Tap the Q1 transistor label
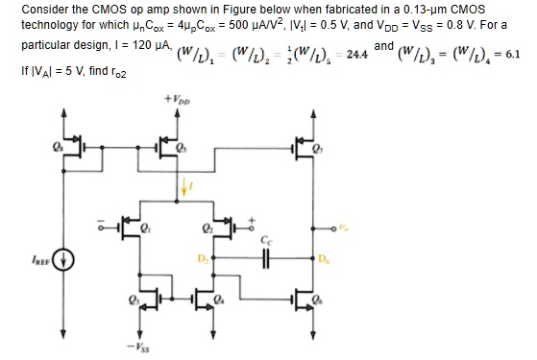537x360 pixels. coord(147,229)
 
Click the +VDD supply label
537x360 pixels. coord(181,98)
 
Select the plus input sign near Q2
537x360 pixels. coord(253,218)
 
